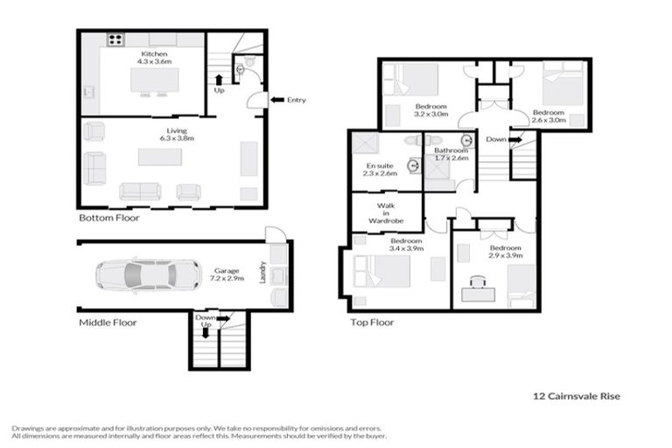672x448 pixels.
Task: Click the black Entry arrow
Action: point(276,100)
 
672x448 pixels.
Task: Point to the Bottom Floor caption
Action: point(108,217)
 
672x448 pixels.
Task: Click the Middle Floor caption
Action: point(108,322)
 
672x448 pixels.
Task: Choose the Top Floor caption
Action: point(374,322)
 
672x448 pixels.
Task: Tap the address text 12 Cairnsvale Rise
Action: point(576,395)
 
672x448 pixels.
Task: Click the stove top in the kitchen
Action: point(115,39)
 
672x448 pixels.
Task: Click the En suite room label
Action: point(380,169)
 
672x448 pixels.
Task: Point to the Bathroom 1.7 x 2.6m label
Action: point(451,154)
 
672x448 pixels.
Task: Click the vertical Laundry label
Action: point(262,273)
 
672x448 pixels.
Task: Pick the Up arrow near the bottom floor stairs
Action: point(218,85)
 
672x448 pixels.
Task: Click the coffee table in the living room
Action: point(160,157)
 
